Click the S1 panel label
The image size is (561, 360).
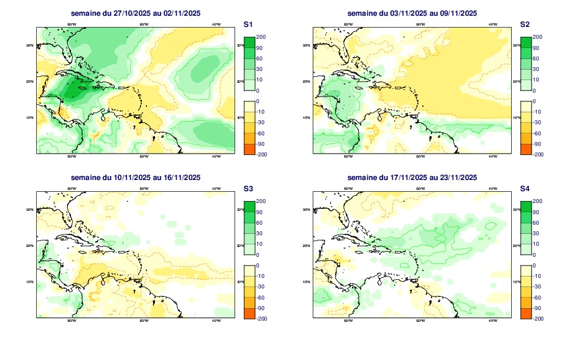pos(248,24)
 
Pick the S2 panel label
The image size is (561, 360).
pos(525,24)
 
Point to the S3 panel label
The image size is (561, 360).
pos(248,189)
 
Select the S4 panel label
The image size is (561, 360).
pos(525,189)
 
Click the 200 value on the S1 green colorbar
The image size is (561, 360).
pos(260,37)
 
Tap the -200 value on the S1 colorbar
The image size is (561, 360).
pos(261,154)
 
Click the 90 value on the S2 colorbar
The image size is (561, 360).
pos(536,48)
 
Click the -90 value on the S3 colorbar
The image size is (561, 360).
pos(261,307)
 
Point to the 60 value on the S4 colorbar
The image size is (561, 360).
pos(536,223)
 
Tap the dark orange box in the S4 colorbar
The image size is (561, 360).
pos(525,313)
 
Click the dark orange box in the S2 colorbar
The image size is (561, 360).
pos(525,148)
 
